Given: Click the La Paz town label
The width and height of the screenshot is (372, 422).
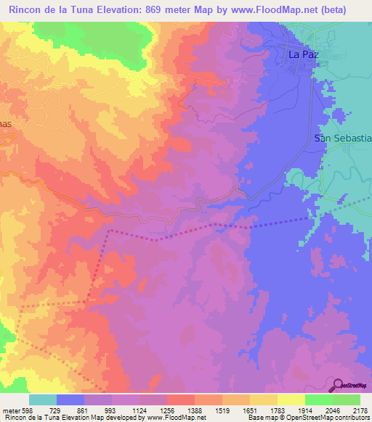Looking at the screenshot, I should point(304,54).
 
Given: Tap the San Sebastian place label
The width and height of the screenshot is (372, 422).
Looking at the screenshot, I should point(342,138).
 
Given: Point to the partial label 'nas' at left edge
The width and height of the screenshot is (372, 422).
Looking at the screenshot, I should point(7,124).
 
